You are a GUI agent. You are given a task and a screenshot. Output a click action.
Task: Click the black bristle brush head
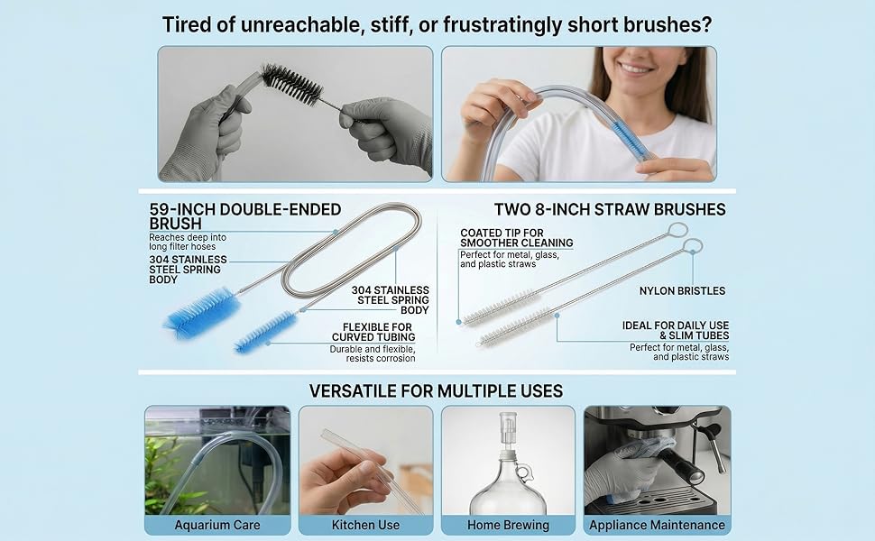[292, 85]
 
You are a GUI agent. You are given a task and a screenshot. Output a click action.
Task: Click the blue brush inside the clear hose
[630, 141]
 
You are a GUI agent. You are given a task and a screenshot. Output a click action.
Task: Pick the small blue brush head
[265, 332]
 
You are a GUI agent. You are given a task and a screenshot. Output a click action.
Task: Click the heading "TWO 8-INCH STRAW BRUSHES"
[610, 210]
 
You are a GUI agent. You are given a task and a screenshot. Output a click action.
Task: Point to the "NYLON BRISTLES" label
[682, 290]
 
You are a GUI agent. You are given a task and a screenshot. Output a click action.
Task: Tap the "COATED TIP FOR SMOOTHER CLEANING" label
[517, 238]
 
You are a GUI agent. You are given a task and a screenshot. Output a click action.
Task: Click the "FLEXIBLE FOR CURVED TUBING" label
[373, 332]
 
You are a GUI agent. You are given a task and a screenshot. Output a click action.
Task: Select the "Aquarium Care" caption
[217, 525]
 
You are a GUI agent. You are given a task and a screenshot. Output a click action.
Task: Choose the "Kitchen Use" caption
[365, 525]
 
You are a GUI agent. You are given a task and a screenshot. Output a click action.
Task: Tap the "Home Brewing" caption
[508, 525]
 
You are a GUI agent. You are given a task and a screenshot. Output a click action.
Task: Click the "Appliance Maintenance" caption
[657, 525]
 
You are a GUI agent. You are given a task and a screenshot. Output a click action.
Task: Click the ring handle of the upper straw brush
[677, 229]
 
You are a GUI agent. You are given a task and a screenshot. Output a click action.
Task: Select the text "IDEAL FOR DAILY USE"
[676, 326]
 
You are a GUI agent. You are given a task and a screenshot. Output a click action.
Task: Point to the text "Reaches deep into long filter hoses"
[188, 242]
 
